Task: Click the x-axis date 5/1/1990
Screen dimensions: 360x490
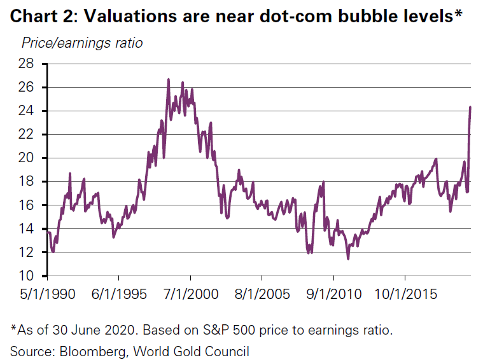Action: click(47, 294)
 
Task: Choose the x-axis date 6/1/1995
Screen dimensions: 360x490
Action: click(119, 294)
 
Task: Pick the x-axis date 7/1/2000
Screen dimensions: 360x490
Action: click(190, 294)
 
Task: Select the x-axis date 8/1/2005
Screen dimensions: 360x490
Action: click(262, 294)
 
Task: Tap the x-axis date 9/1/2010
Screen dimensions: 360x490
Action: click(333, 294)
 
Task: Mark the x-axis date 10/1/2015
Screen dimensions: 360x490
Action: click(405, 294)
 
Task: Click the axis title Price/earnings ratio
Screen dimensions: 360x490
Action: click(82, 43)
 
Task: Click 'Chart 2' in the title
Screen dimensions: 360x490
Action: click(40, 16)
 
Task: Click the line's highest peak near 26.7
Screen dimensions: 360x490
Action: click(168, 79)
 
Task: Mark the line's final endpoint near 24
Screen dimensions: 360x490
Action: click(470, 107)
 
